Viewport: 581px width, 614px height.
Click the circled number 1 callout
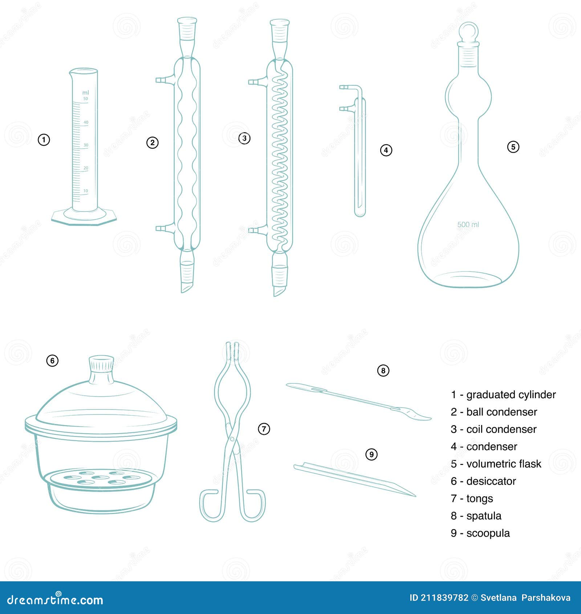[x=44, y=140]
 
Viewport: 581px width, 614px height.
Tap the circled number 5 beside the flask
[x=513, y=147]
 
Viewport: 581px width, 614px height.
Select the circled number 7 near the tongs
[x=264, y=429]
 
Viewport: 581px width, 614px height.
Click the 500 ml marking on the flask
[x=468, y=225]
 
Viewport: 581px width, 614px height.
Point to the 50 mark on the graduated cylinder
[x=86, y=99]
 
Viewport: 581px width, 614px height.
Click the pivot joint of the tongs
[x=232, y=439]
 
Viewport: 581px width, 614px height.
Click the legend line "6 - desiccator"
[x=483, y=481]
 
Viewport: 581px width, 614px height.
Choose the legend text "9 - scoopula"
[x=480, y=533]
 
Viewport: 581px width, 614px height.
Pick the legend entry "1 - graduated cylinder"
[x=503, y=395]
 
